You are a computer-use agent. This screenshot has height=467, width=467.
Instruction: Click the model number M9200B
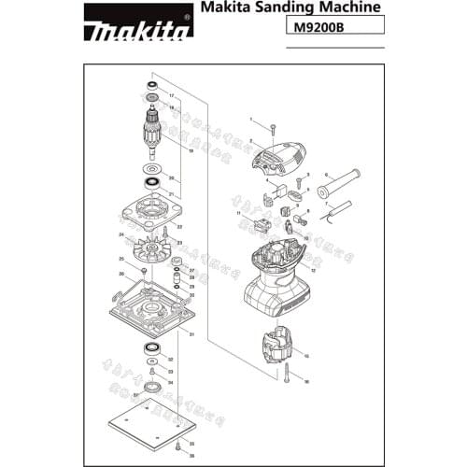tap(318, 28)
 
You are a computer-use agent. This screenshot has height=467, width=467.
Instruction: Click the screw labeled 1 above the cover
tap(270, 127)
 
